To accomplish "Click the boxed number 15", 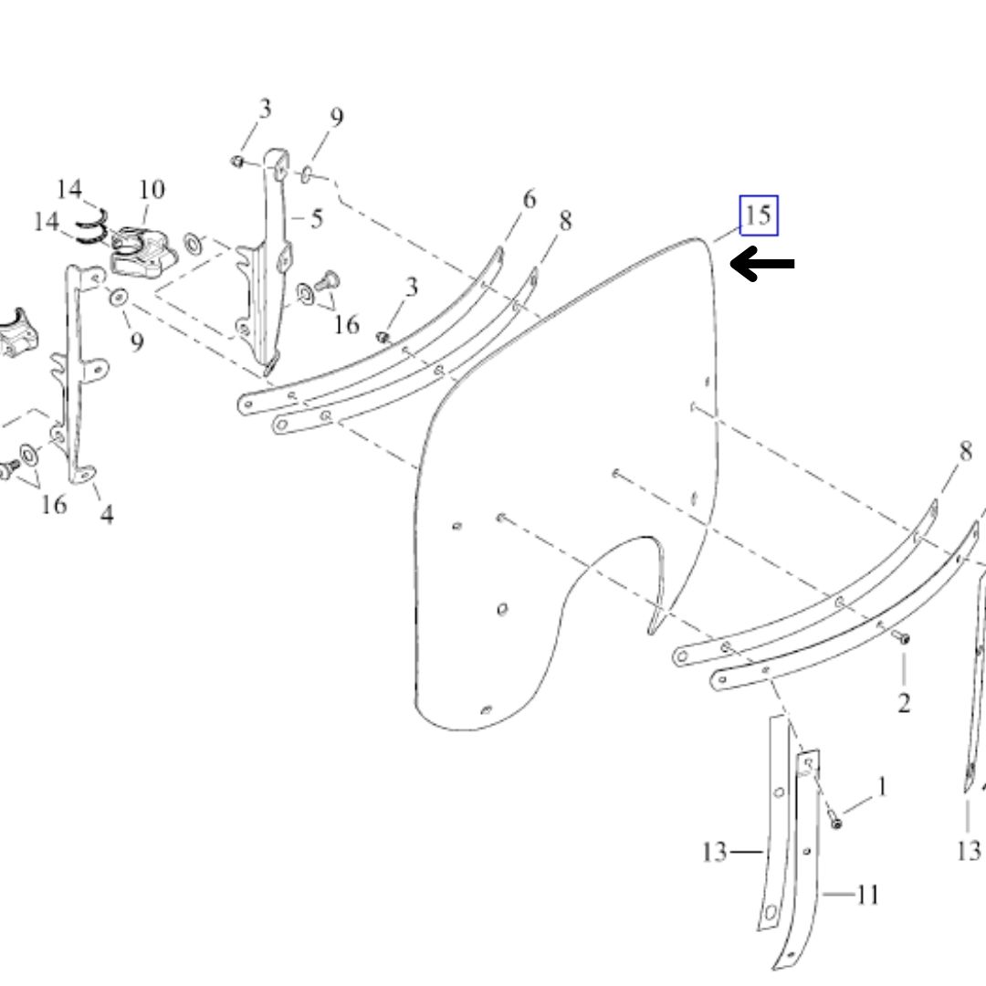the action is click(x=759, y=215).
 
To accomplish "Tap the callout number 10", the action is click(x=151, y=189).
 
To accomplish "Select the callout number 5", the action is click(x=316, y=219).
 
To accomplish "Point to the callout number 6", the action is click(x=530, y=199).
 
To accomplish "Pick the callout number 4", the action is click(x=107, y=514).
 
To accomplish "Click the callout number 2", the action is click(x=904, y=703).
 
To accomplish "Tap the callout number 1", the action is click(x=882, y=787).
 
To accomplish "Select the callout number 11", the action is click(x=867, y=894).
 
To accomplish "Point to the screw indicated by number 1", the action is click(x=835, y=822).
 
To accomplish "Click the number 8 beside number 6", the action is click(x=565, y=221).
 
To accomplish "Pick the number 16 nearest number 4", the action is click(x=54, y=504).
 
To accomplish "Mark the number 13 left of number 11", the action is click(x=714, y=852).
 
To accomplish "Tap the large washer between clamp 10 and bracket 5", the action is click(x=193, y=244).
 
